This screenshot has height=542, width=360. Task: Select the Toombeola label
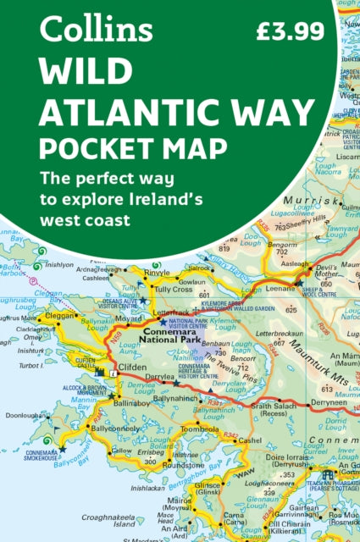[200, 429]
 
